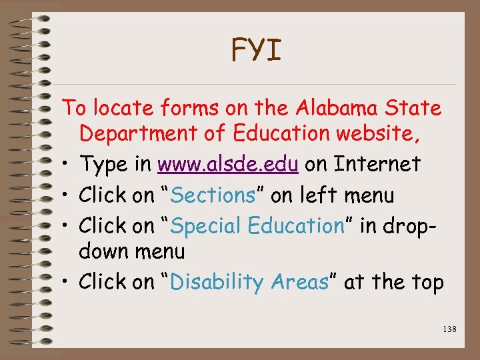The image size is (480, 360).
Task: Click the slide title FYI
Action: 256,50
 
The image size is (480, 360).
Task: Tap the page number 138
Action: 448,329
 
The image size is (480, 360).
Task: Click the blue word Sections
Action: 213,195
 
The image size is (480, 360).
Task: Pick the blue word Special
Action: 207,225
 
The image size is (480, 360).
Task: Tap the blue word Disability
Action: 217,282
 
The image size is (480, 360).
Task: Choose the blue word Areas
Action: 299,282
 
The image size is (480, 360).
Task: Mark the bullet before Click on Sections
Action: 68,195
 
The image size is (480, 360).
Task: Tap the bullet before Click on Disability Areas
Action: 68,283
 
